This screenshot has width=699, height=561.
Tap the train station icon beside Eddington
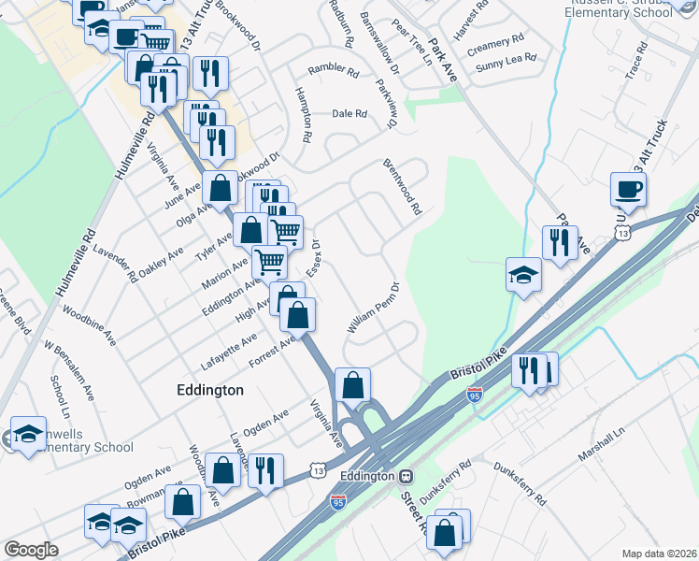coord(406,476)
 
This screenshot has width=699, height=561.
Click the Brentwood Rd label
coord(403,186)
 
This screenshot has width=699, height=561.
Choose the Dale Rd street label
coord(349,114)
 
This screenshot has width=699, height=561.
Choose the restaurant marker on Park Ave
coord(560,243)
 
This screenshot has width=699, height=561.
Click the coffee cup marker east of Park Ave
coord(629,189)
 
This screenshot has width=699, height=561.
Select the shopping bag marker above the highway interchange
coord(353,384)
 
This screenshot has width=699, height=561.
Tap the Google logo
coord(32,550)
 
